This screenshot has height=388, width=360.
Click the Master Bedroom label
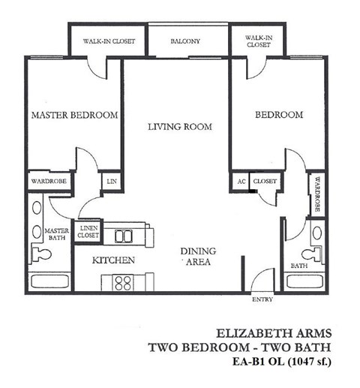(x=74, y=115)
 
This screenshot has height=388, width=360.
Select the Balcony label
(x=184, y=41)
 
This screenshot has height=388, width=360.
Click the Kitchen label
(x=113, y=260)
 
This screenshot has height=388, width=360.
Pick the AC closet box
(x=241, y=182)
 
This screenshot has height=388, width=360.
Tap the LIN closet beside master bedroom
(x=112, y=181)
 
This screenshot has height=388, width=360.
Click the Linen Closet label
(x=88, y=232)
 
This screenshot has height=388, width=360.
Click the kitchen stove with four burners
(x=122, y=283)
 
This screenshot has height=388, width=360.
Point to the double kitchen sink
(x=124, y=236)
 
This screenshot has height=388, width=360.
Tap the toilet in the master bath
(x=40, y=253)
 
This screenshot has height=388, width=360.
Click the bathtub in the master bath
(x=49, y=281)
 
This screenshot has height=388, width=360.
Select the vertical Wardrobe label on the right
(x=317, y=194)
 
